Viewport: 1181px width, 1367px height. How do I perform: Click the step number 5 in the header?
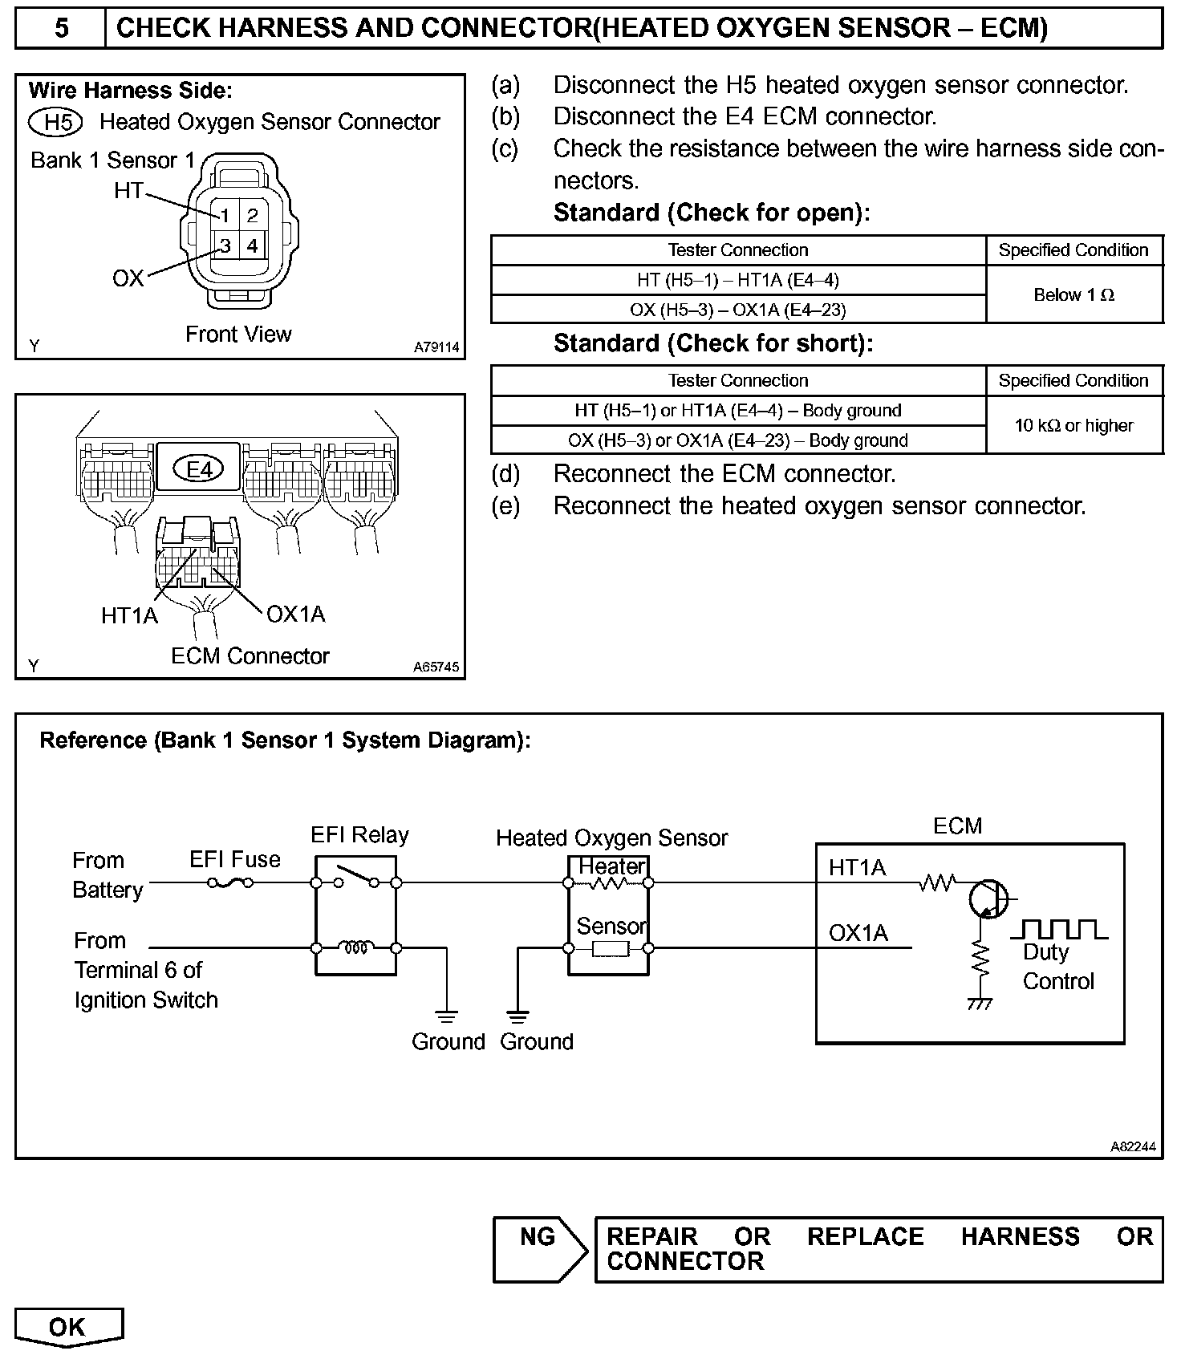[x=61, y=29]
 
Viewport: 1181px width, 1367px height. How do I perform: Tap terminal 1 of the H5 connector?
[x=225, y=215]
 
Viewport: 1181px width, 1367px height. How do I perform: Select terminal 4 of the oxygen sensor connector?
[x=253, y=245]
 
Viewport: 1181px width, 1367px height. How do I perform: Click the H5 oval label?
[x=56, y=122]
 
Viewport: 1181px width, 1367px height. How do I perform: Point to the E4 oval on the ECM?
[x=199, y=469]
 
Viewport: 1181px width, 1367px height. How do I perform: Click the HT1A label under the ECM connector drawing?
[x=129, y=616]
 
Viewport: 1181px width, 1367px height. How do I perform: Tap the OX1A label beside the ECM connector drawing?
[x=295, y=615]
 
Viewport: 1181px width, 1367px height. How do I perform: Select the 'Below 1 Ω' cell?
[x=1073, y=295]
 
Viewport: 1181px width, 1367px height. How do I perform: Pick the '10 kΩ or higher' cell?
[x=1073, y=426]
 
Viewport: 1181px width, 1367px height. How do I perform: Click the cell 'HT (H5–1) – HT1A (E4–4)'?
[x=738, y=280]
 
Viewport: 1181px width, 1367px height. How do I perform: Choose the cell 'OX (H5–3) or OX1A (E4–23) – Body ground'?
[x=738, y=440]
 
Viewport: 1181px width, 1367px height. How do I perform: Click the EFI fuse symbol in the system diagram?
[x=230, y=883]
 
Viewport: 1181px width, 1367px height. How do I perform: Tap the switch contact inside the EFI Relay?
[x=356, y=877]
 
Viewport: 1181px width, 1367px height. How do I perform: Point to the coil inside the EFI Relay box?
[x=356, y=948]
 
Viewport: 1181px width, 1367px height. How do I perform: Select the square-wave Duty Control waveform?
[x=1059, y=930]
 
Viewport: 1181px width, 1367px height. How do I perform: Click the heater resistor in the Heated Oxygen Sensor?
[x=608, y=884]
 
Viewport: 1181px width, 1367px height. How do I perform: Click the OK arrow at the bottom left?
[x=68, y=1328]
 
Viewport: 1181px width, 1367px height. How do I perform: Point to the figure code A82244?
[x=1133, y=1147]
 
